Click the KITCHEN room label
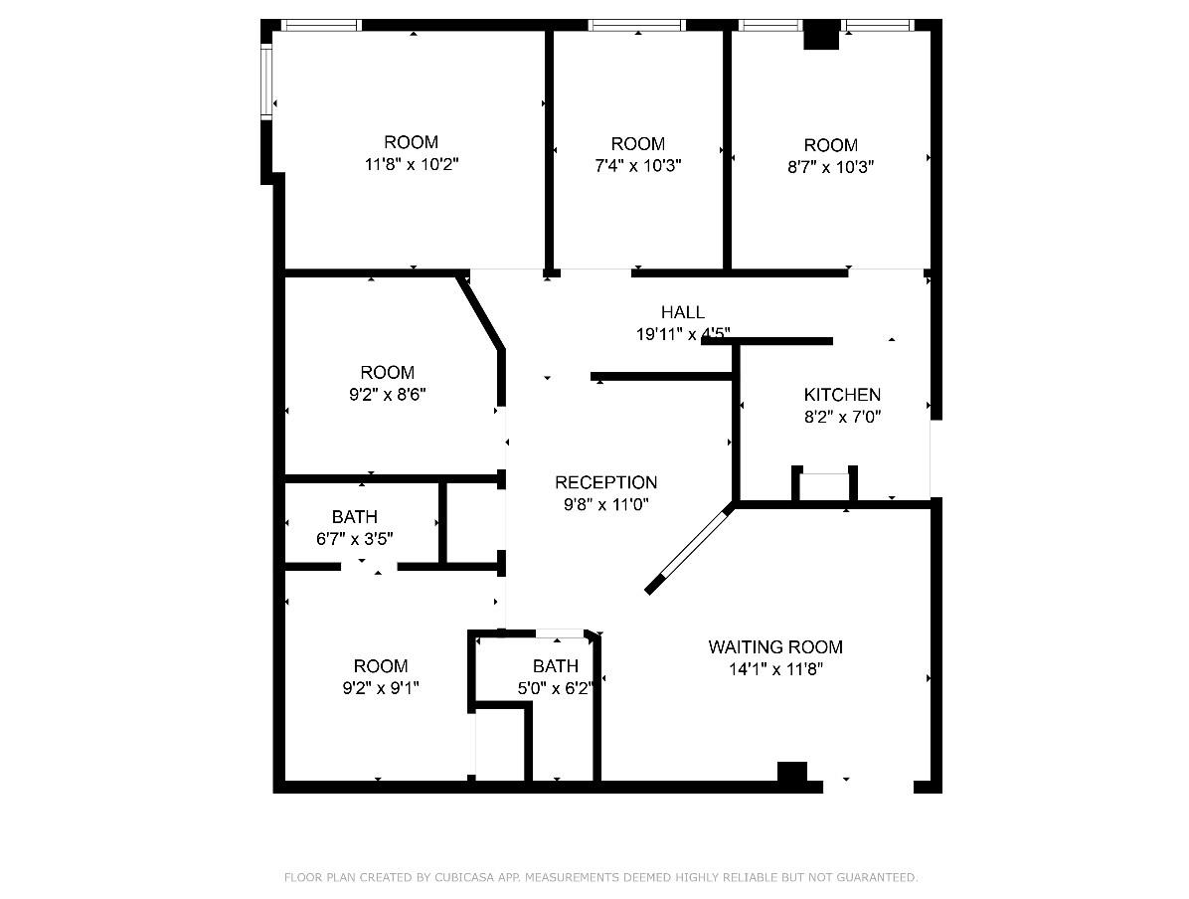(842, 395)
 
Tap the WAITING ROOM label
(775, 646)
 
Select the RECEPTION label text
(605, 482)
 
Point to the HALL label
(683, 312)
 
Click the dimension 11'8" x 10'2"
(412, 164)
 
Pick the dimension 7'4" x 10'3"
(637, 165)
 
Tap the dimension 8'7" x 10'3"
(830, 166)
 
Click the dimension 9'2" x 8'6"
(387, 394)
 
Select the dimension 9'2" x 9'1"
(381, 687)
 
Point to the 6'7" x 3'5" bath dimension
(355, 539)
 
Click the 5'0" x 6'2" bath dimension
(555, 687)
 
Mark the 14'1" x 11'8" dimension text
(775, 669)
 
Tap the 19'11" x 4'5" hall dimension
(683, 334)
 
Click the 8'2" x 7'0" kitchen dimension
(842, 417)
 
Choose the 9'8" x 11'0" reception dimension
(605, 504)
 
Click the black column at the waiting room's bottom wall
(792, 773)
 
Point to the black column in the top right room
(821, 36)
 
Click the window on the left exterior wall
(266, 80)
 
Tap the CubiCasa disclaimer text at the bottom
(600, 877)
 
